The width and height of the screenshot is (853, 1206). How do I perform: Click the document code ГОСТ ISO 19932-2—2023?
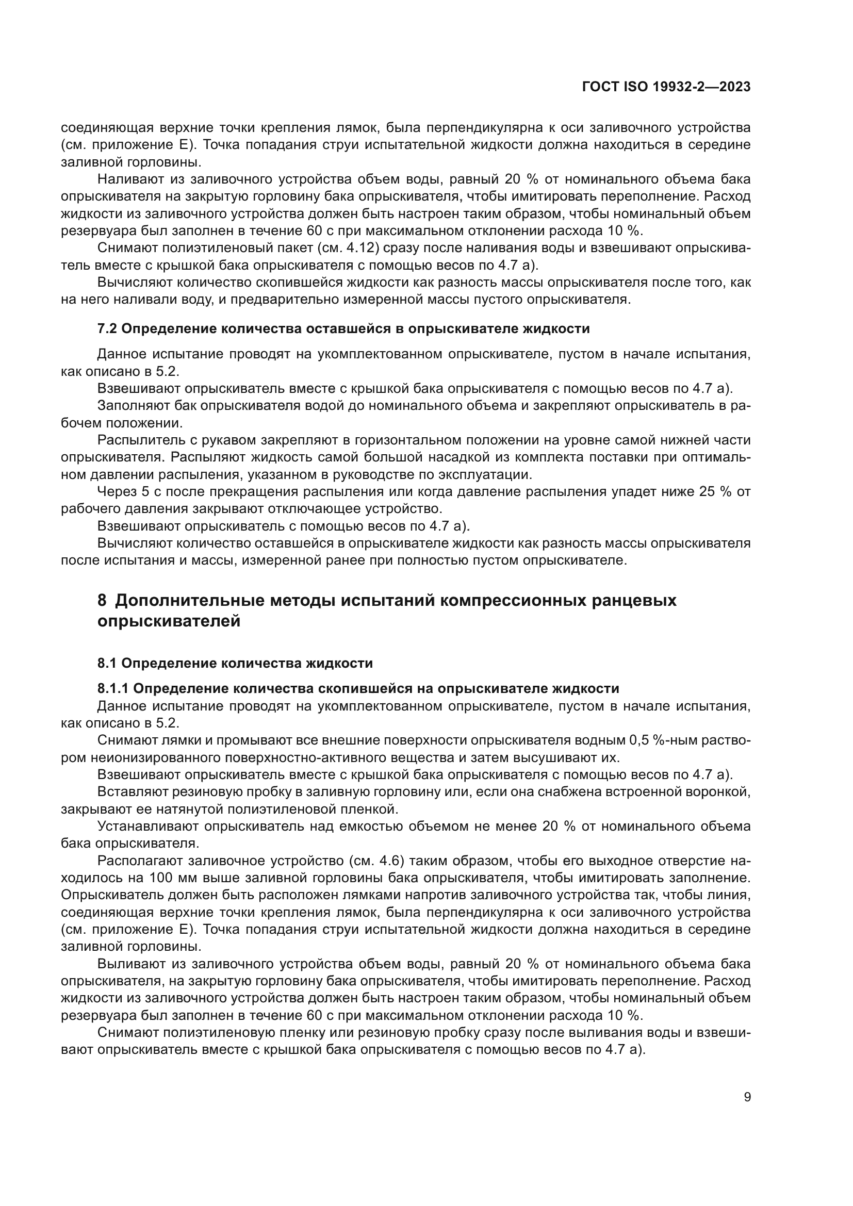[x=666, y=87]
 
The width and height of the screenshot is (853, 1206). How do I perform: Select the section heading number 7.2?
[x=107, y=329]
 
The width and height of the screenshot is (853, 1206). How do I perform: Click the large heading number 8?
[x=102, y=600]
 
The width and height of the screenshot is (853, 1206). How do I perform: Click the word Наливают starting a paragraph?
[x=130, y=179]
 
